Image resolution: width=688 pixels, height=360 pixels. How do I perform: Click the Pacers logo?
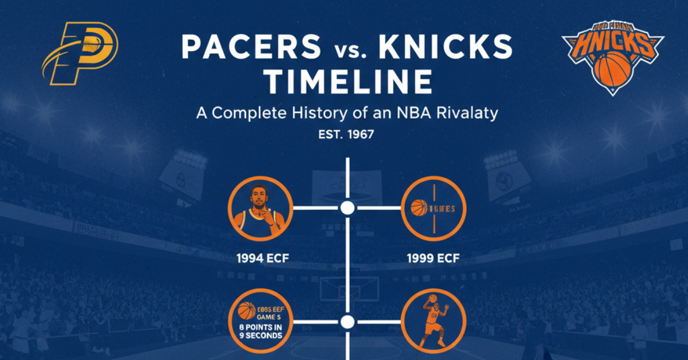click(80, 53)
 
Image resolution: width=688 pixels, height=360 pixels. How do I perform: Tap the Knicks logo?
click(612, 57)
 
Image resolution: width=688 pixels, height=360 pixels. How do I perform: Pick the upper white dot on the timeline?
click(347, 208)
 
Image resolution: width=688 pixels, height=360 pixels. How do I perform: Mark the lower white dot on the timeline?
click(347, 321)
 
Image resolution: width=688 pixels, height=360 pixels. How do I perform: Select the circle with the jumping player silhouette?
click(433, 322)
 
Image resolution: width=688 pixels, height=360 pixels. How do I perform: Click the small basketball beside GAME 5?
click(247, 311)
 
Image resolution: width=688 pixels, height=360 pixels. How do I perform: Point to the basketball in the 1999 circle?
click(420, 208)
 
